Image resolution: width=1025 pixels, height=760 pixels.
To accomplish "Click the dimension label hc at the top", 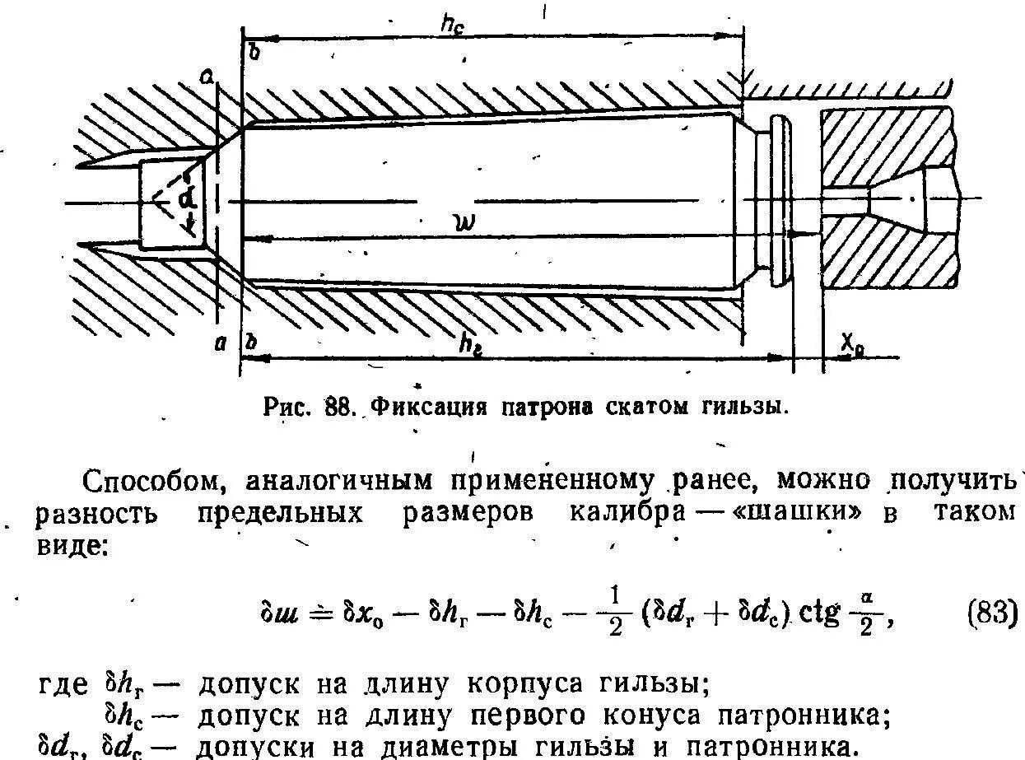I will tap(452, 26).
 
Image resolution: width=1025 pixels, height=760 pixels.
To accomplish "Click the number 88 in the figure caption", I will tap(338, 406).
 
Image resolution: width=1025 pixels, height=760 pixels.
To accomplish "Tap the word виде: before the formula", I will tap(71, 543).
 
